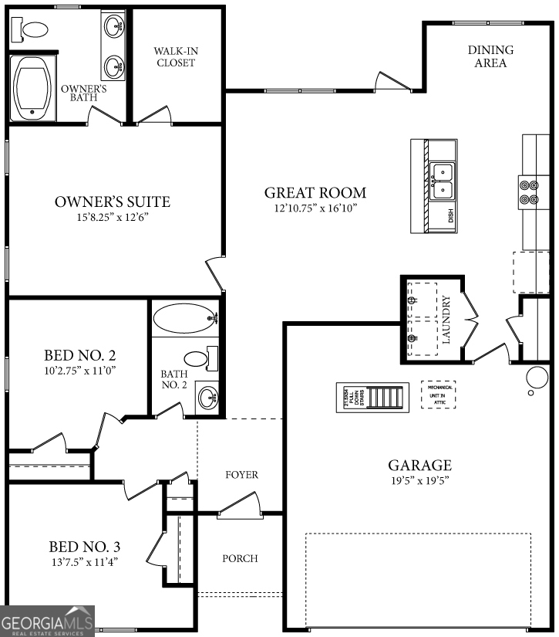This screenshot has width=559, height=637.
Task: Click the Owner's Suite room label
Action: click(x=113, y=202)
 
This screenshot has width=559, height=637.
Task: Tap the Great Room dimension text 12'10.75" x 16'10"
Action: click(x=315, y=208)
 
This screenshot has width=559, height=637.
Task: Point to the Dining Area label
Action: click(x=490, y=56)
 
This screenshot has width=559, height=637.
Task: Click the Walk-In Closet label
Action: click(x=176, y=56)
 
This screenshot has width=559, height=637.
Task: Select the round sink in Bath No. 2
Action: click(x=207, y=398)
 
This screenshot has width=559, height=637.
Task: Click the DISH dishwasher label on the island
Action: click(x=451, y=216)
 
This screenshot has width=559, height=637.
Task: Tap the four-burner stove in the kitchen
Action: click(x=528, y=191)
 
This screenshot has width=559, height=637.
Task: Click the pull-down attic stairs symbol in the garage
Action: click(x=370, y=398)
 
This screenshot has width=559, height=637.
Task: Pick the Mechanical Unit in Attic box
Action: click(x=437, y=395)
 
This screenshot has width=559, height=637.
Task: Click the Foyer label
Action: click(x=241, y=475)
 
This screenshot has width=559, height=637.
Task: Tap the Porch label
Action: click(x=240, y=558)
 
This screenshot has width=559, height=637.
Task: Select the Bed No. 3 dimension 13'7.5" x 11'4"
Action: click(x=84, y=562)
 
